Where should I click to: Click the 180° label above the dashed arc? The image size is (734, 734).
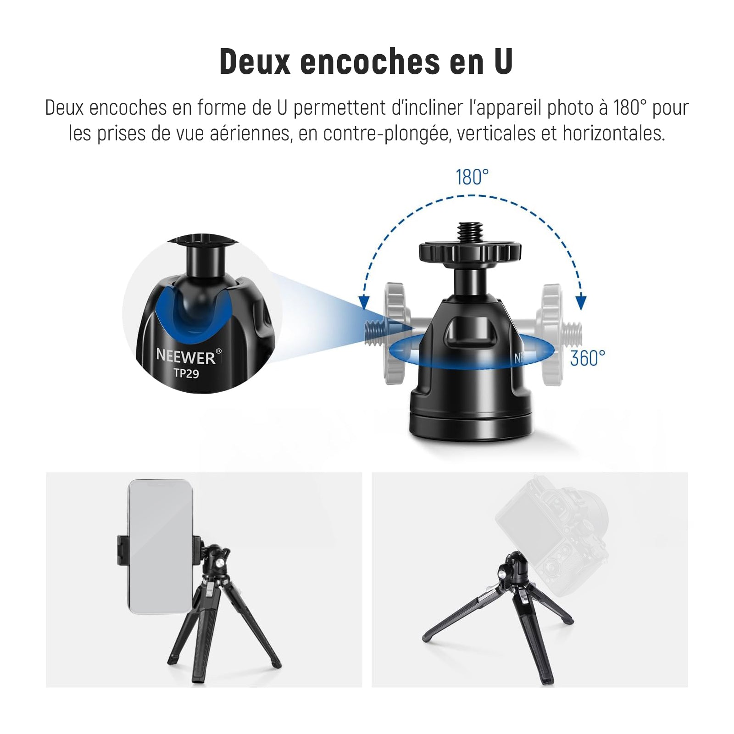tap(472, 178)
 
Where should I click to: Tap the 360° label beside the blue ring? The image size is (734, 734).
tap(588, 358)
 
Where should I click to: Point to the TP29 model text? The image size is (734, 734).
tap(186, 373)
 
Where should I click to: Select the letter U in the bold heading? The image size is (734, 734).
tap(503, 62)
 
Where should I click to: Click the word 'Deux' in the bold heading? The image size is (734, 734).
tap(255, 62)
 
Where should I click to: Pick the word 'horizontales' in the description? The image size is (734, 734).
tap(614, 133)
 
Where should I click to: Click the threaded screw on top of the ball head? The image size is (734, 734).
tap(469, 232)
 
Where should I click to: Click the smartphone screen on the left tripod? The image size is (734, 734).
tap(161, 546)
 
